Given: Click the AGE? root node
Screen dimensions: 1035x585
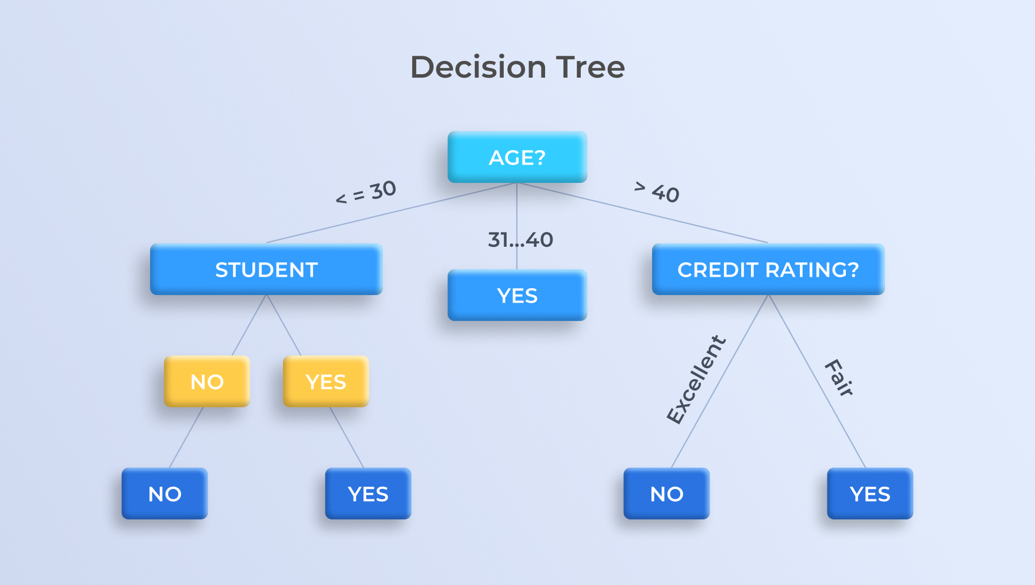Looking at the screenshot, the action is [517, 157].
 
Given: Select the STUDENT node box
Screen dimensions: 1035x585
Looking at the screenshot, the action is [266, 269].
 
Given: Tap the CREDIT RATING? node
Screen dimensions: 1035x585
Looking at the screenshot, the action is [768, 269].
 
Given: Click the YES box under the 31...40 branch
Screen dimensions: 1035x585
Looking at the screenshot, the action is [517, 295].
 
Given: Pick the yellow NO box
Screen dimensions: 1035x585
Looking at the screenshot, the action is [207, 381].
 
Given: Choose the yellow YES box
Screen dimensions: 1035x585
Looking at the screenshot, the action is [326, 381].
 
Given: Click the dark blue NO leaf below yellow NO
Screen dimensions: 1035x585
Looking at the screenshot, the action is [164, 494].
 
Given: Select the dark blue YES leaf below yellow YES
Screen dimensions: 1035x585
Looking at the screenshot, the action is [368, 494].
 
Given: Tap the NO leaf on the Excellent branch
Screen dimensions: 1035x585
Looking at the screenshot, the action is [666, 494].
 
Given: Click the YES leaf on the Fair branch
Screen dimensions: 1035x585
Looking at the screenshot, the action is [870, 494].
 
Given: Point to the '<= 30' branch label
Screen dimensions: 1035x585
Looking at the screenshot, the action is [366, 192].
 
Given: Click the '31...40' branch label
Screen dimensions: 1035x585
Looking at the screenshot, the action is [520, 239].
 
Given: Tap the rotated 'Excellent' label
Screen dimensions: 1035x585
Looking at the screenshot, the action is [696, 380].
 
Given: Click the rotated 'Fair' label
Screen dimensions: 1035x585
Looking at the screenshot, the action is [839, 378].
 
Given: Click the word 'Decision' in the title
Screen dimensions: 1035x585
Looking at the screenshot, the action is [478, 67].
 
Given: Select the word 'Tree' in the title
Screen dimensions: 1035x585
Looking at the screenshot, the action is [590, 67].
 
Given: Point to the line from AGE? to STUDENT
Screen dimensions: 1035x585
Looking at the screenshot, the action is [392, 213].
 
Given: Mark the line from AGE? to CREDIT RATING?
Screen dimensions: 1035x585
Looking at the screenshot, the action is [642, 213].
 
